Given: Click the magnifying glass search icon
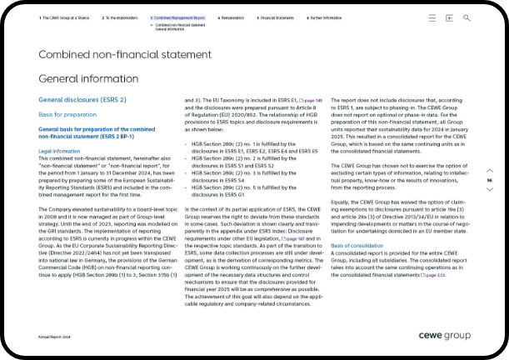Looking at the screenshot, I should pyautogui.click(x=467, y=17).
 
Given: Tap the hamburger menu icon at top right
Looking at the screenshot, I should pyautogui.click(x=432, y=17).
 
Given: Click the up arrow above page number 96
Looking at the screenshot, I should pyautogui.click(x=490, y=168).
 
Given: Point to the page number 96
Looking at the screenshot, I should pyautogui.click(x=490, y=180).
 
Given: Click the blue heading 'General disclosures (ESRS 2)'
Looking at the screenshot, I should pyautogui.click(x=82, y=100).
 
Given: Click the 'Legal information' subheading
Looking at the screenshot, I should pyautogui.click(x=59, y=151).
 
